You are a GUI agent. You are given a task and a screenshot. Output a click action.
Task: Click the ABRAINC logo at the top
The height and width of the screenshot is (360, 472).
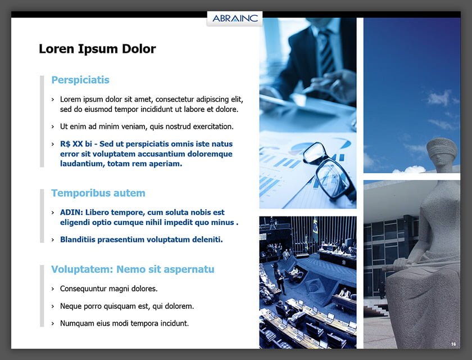click(235, 19)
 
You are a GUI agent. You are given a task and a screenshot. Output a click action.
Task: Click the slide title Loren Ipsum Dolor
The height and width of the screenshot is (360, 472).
click(97, 49)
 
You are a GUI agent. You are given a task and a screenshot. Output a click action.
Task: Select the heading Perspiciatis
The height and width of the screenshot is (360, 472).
click(80, 80)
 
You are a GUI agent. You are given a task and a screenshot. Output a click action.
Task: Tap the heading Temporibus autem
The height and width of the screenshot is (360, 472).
click(98, 193)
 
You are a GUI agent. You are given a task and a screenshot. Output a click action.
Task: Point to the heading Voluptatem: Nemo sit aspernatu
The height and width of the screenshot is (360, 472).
click(133, 269)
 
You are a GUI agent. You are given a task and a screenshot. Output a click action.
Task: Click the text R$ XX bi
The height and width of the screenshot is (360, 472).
click(76, 144)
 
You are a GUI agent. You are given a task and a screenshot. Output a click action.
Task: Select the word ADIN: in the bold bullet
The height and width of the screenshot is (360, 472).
click(72, 213)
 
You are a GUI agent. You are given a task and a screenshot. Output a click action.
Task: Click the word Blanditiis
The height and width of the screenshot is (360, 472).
click(77, 240)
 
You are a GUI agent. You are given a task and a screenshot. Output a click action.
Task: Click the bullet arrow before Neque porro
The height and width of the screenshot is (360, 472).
click(53, 307)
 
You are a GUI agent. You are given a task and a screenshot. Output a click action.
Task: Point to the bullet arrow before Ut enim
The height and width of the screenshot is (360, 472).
click(53, 127)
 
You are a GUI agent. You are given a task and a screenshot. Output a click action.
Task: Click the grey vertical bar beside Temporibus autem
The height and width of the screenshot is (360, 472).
click(42, 215)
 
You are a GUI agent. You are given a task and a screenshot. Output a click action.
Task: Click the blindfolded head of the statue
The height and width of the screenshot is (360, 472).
click(441, 151)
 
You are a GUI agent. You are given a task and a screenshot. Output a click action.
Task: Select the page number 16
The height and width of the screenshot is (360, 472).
click(453, 344)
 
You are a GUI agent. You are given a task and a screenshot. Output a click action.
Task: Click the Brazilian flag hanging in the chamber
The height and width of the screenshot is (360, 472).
click(315, 229)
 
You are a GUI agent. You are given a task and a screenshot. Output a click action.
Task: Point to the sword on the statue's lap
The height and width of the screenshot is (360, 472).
click(400, 265)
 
